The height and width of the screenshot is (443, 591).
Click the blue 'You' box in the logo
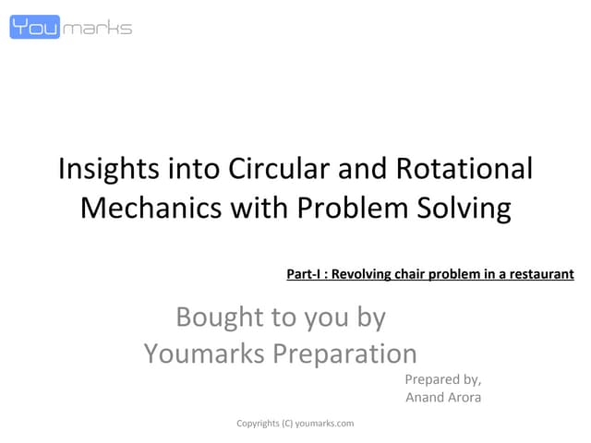point(34,27)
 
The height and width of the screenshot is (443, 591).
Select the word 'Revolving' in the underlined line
point(366,274)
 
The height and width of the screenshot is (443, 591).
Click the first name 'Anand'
point(425,398)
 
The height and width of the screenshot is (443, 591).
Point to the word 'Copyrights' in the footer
point(258,423)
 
